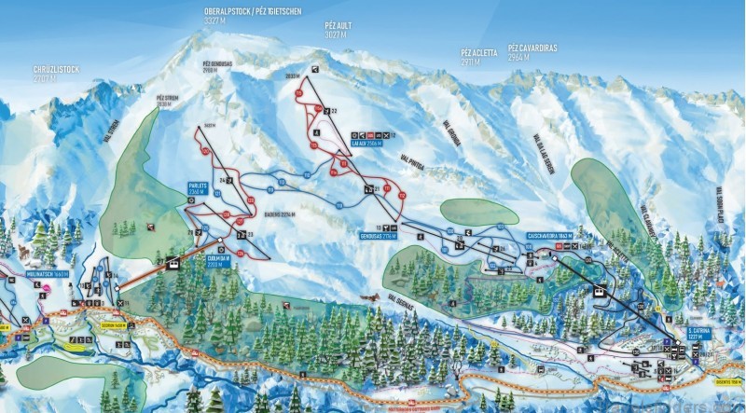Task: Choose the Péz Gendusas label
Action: click(x=221, y=66)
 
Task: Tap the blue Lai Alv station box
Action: click(x=365, y=145)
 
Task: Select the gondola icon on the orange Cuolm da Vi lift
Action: click(x=172, y=263)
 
